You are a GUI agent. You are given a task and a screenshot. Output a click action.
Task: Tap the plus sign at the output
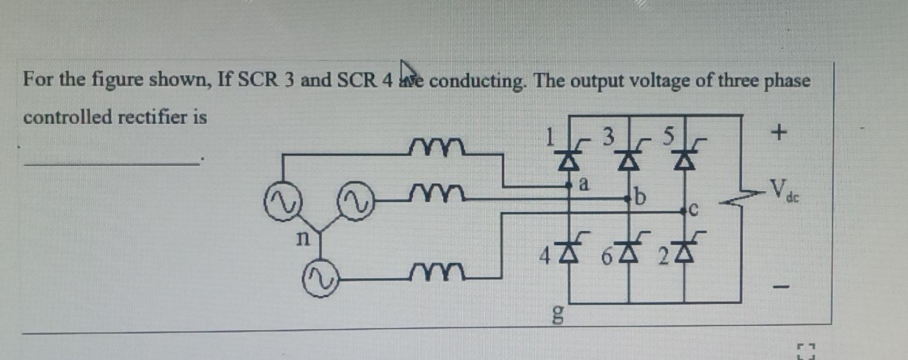(x=780, y=134)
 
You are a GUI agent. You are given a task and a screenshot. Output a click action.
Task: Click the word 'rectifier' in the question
(x=155, y=117)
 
